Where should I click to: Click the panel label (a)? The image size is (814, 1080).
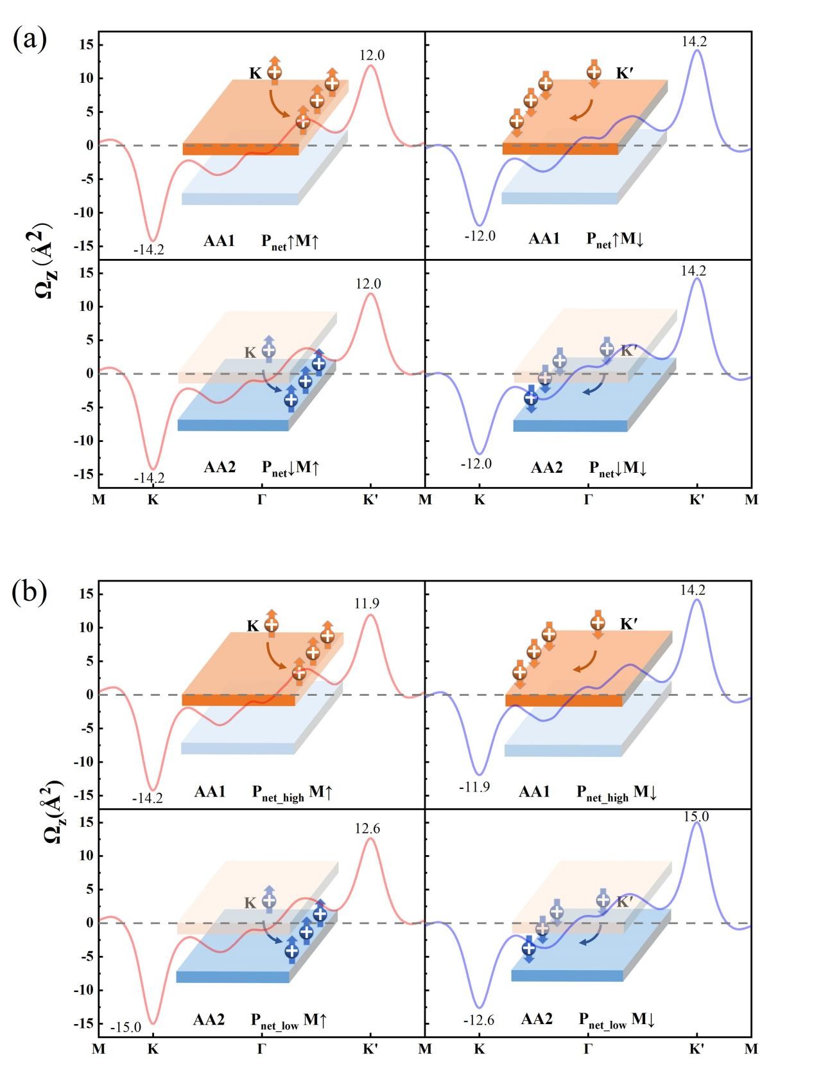(30, 40)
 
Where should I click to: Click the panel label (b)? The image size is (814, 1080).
(30, 592)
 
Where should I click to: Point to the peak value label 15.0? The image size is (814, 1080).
(697, 817)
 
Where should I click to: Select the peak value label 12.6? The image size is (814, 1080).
(367, 829)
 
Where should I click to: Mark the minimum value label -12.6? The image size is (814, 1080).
(478, 1020)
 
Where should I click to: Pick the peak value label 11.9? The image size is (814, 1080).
(367, 603)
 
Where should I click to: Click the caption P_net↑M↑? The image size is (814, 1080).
(290, 242)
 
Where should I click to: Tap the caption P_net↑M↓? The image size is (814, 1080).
(615, 240)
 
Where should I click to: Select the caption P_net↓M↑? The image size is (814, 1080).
(290, 468)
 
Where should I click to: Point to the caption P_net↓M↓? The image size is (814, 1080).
(618, 468)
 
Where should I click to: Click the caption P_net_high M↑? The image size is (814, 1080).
(292, 793)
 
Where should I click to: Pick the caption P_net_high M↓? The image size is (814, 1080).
(616, 793)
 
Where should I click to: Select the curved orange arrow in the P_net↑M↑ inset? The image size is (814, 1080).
(279, 105)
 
